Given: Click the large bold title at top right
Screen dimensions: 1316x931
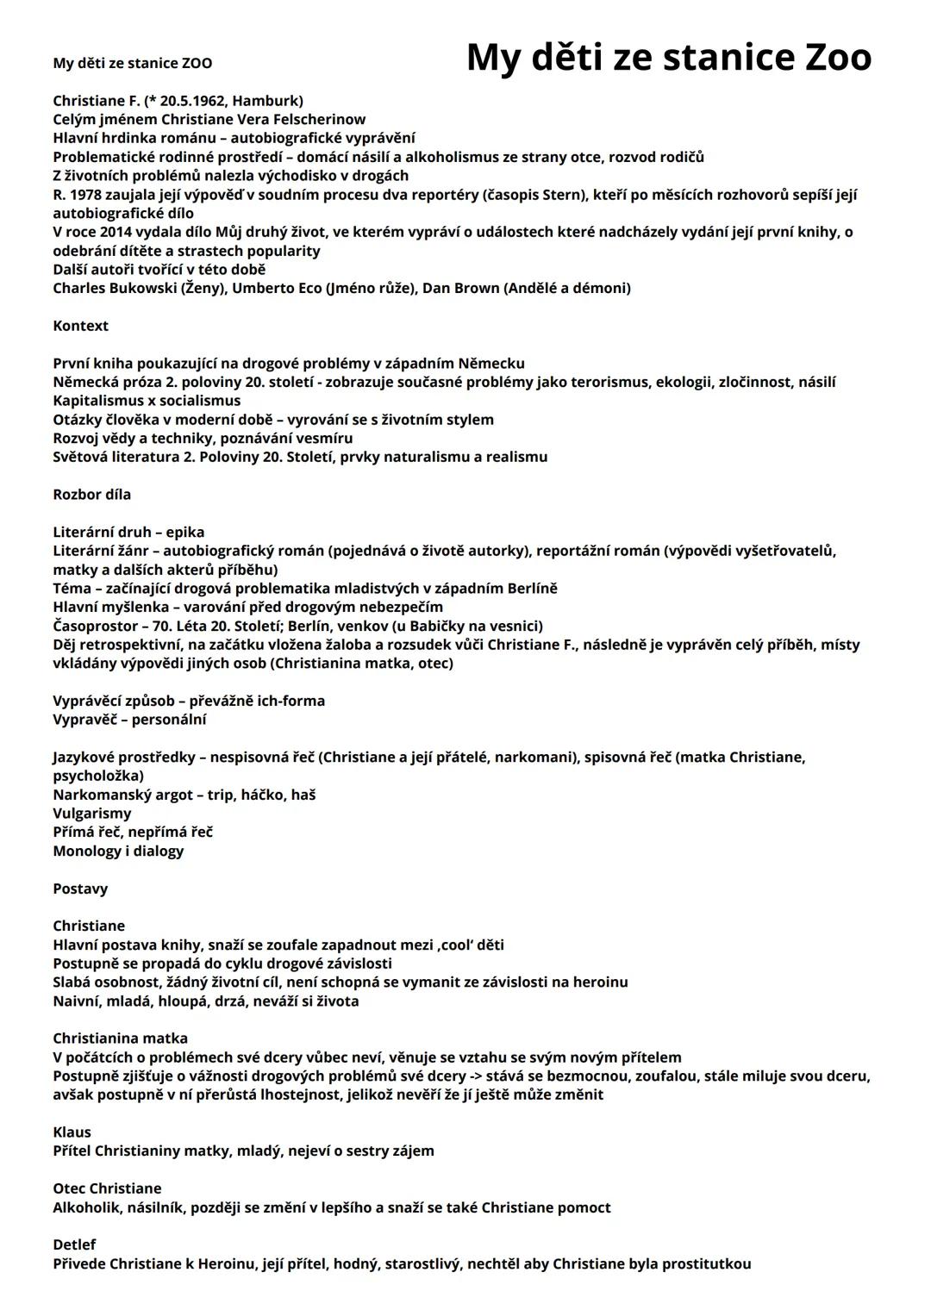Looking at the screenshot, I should (668, 58).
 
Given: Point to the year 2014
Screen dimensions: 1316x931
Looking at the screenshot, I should (117, 232).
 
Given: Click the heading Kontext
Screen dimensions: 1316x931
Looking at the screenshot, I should (80, 326).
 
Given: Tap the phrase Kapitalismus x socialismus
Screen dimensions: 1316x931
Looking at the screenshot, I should (147, 401).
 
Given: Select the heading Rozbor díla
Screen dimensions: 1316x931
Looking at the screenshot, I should (91, 495).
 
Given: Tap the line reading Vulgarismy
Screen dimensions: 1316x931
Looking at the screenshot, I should (92, 814).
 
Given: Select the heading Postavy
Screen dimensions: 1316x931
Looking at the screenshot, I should (80, 889).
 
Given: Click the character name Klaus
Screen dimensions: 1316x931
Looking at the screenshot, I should (72, 1132).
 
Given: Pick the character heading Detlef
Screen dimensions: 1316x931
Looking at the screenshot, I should (74, 1245).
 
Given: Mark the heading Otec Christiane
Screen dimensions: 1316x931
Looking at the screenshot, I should (107, 1188).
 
